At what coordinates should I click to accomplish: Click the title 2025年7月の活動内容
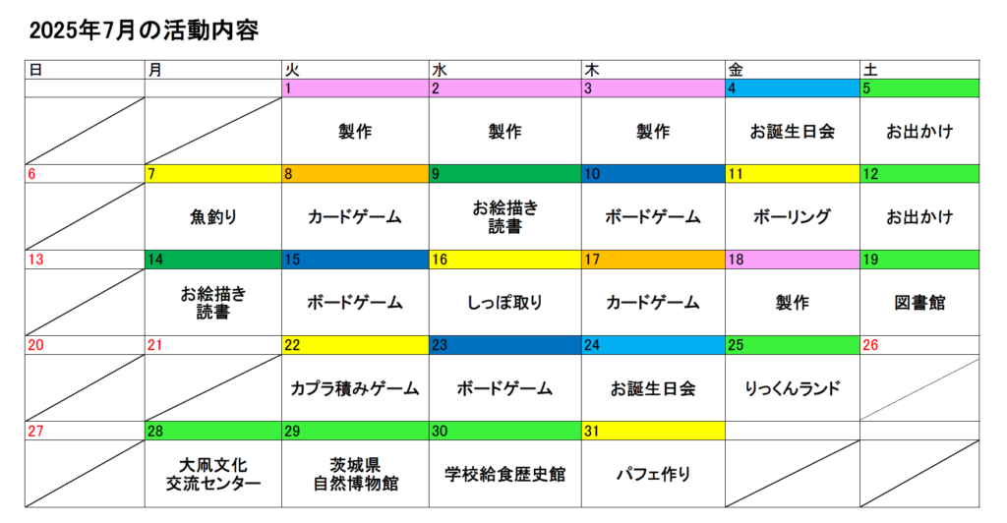point(144,30)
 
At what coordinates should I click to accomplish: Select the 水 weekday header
point(440,70)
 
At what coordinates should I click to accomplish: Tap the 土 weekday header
point(870,70)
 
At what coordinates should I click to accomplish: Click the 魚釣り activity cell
point(213,217)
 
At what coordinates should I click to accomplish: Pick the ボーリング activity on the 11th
point(792,217)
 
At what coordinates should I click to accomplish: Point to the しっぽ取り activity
point(504,302)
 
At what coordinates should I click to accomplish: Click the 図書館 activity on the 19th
point(919,302)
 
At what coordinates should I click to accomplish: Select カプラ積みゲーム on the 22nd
point(354,388)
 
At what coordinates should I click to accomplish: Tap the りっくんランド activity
point(792,388)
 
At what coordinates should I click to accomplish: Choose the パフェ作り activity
point(653,474)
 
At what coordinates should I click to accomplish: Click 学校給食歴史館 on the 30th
point(504,474)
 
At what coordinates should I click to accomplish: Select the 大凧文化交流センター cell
point(213,474)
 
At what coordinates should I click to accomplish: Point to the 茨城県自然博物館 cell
point(355,474)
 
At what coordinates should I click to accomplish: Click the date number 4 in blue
point(732,88)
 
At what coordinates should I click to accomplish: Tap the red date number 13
point(36,260)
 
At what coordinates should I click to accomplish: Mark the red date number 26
point(870,345)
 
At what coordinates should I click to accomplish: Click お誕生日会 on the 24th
point(653,388)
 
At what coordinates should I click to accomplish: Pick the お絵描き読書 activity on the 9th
point(504,217)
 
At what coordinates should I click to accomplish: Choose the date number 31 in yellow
point(591,432)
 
